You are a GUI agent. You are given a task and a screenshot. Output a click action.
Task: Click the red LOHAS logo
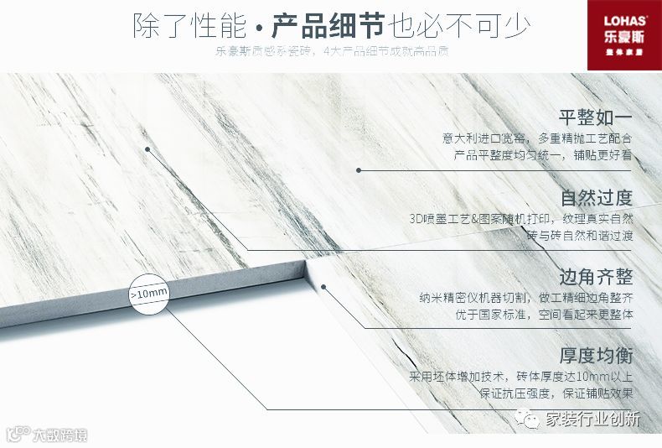(x=623, y=29)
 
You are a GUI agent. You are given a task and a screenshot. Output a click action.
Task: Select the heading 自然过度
(x=596, y=198)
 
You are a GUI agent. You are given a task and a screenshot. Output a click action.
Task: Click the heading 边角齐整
(x=596, y=277)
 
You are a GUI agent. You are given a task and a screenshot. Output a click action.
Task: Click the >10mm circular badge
(x=149, y=294)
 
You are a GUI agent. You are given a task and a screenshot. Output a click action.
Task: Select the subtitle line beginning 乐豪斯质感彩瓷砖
(x=331, y=52)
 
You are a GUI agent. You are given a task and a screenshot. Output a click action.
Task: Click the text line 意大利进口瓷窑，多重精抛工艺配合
(x=537, y=138)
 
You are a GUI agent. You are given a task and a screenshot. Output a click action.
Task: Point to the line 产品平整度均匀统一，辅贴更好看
(x=543, y=155)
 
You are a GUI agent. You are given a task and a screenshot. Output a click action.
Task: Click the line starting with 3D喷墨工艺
(x=520, y=218)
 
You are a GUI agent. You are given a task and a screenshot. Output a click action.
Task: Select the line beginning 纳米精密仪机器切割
(x=525, y=297)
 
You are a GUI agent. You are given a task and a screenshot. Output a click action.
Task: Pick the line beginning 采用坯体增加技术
(x=520, y=376)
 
